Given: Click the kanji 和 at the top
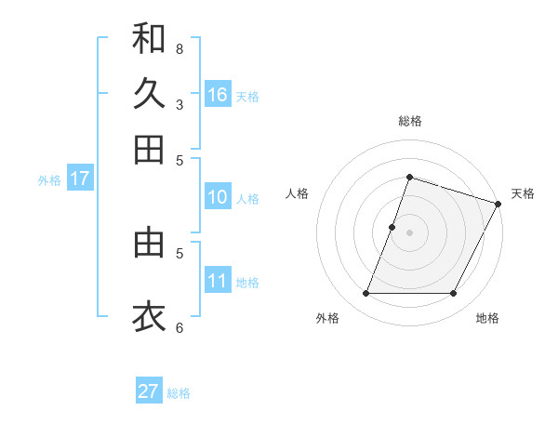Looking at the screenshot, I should pos(149,39).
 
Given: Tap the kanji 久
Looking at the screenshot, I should pos(149,93).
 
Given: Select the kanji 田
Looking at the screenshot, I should pos(149,149).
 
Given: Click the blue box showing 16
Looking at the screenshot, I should pos(218,94).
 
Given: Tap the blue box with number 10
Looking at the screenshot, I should pos(218,197).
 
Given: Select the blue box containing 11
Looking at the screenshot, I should pos(218,281).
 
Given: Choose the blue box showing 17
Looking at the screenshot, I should pos(79,179).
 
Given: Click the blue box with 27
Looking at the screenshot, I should pos(149,391).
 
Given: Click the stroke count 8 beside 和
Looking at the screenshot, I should pos(179,48).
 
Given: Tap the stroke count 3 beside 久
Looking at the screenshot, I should pos(179,104).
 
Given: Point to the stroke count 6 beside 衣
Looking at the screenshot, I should pos(179,327).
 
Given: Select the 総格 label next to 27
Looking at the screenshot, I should pos(179,393).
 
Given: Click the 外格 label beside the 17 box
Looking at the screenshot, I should pos(49,180).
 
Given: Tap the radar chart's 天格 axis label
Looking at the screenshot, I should pos(523,193).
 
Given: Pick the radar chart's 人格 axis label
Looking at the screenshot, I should pos(298,193).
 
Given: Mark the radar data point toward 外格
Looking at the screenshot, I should pos(365,294).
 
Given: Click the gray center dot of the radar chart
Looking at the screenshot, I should pos(409,232).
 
